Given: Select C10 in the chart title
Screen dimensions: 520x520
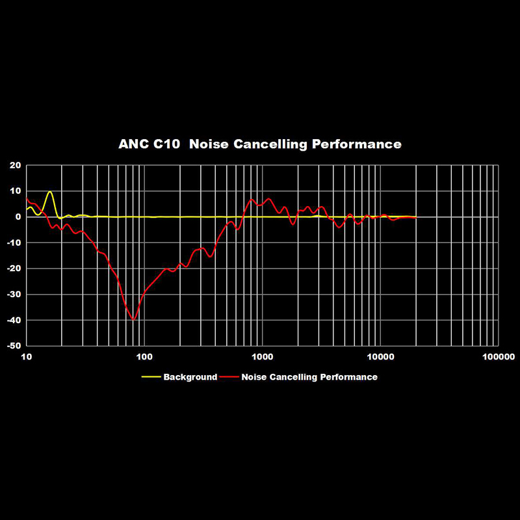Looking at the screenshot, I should coord(166,144).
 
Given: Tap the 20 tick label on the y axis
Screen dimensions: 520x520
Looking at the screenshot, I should coord(15,165).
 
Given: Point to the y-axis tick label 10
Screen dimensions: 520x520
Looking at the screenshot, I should coord(15,191).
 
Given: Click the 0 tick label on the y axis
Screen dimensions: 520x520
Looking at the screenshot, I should coord(18,217).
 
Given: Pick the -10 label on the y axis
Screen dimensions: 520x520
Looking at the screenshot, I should coord(13,242).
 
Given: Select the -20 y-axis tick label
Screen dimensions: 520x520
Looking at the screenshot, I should coord(13,268).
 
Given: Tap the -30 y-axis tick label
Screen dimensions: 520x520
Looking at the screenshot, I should coord(13,294).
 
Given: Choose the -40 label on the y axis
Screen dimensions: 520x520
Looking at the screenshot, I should coord(13,320).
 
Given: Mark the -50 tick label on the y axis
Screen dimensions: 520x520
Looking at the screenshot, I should coord(13,346).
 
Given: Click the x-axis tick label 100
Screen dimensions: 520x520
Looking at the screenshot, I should coord(144,357).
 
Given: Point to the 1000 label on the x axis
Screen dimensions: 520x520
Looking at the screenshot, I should coord(263,357).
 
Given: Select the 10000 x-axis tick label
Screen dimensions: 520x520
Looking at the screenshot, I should coord(381,357).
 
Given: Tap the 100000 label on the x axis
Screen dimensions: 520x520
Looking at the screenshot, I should coord(499,357).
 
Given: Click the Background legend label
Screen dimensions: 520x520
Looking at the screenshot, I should coord(190,377).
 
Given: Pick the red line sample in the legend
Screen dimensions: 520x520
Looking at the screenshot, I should coord(229,377).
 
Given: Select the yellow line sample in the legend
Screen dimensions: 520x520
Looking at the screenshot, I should coord(151,377).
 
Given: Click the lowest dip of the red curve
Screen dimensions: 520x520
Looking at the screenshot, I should coord(133,320).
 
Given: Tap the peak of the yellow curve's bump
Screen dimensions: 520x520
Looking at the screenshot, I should coord(49,192).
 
